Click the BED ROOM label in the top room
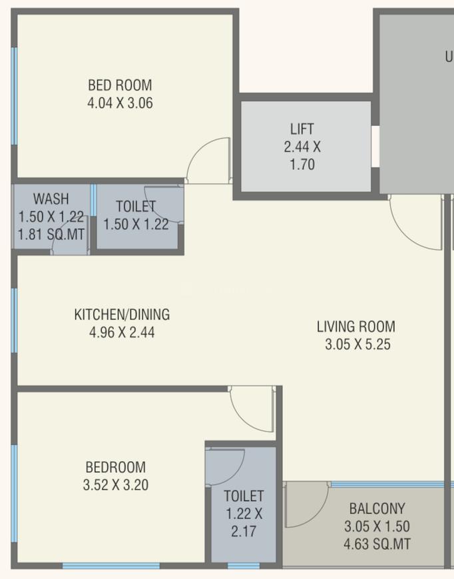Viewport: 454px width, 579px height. pos(120,85)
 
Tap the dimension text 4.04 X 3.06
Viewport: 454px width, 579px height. pos(120,103)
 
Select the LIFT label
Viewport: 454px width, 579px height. pos(302,129)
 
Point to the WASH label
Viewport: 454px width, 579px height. pos(51,199)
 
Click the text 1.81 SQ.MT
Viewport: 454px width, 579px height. pos(52,235)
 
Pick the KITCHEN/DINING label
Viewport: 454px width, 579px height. pos(122,314)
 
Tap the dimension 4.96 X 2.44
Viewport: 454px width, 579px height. pos(122,332)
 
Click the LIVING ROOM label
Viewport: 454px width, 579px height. pos(355,326)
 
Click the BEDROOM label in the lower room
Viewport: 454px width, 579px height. pos(115,467)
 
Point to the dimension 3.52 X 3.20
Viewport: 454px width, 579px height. pos(115,485)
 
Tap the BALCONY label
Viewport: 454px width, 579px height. pos(377,508)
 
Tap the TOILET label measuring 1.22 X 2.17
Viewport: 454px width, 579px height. pos(244,496)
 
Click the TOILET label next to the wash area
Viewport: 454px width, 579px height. pos(136,206)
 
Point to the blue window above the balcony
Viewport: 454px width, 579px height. pos(386,484)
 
